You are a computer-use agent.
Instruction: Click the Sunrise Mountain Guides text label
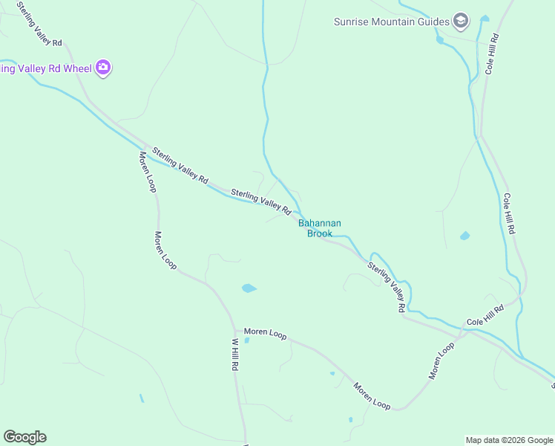(390, 21)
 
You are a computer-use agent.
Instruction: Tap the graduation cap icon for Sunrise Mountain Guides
(461, 20)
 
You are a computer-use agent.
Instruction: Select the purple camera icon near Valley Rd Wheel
(103, 68)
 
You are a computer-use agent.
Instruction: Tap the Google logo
(24, 437)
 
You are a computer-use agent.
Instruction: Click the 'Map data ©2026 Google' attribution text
(509, 440)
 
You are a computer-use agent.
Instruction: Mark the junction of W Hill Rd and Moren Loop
(234, 330)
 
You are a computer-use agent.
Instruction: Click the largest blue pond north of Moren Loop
(249, 288)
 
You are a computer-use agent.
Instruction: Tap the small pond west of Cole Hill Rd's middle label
(464, 236)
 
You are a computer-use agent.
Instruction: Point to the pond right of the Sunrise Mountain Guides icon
(485, 18)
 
